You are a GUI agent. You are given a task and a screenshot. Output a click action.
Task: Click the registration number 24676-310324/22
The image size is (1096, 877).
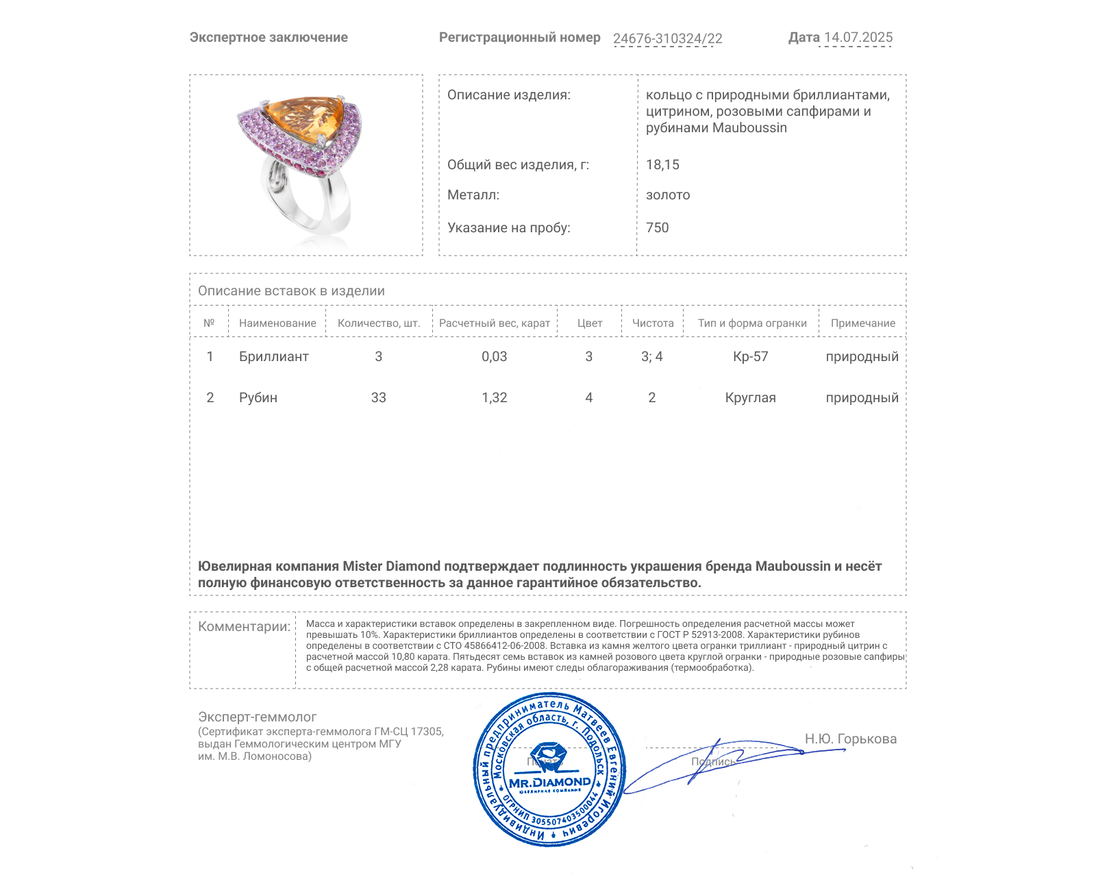(x=667, y=38)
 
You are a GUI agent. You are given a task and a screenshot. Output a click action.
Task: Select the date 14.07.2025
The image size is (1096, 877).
(x=858, y=38)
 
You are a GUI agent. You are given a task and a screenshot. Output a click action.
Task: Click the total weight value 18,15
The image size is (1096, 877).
(x=662, y=164)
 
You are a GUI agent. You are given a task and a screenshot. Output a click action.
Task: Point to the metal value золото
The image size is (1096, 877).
(x=668, y=195)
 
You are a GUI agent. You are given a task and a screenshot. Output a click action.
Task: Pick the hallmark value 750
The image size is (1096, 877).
(x=657, y=227)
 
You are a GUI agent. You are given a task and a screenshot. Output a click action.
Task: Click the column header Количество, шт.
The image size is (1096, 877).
(x=379, y=323)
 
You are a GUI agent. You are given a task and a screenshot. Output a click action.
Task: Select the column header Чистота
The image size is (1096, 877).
(x=653, y=323)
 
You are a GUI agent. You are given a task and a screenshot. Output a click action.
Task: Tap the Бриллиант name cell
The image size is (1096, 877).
(x=273, y=356)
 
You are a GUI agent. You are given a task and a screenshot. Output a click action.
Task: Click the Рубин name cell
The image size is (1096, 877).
(x=258, y=397)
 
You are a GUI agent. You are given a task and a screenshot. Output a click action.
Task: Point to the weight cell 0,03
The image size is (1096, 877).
(x=494, y=356)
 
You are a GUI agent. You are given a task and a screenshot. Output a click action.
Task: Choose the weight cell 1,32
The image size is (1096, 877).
(x=494, y=397)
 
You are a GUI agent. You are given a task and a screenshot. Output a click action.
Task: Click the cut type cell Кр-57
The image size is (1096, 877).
(x=750, y=356)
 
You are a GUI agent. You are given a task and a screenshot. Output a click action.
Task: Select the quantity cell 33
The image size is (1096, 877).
(x=378, y=397)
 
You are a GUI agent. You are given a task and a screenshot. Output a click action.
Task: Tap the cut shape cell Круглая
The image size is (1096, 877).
(x=750, y=397)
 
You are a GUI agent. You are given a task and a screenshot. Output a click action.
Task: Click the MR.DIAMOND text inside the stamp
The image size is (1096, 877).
(x=549, y=782)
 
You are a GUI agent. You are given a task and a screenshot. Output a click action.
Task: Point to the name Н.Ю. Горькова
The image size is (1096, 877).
(x=850, y=739)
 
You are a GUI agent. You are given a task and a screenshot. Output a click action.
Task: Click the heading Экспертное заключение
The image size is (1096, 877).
(x=269, y=38)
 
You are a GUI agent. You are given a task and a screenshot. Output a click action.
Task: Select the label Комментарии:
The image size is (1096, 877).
(x=244, y=626)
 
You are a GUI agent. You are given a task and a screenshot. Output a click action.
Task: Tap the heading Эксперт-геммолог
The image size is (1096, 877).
(x=257, y=717)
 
